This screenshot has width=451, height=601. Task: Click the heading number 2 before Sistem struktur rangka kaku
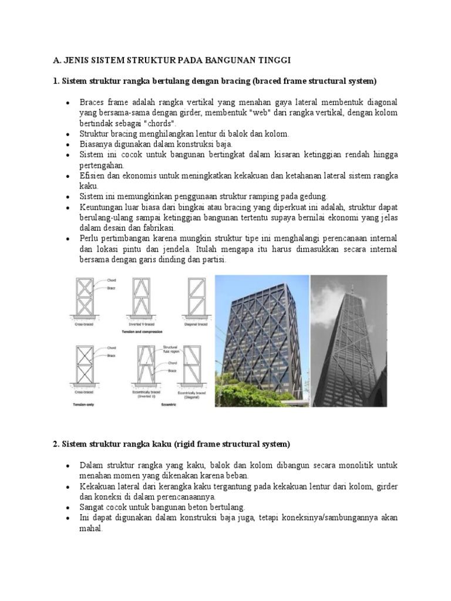click(56, 443)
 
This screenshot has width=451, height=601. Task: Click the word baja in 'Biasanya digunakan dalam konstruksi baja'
click(224, 144)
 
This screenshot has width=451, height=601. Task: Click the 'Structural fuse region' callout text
click(173, 350)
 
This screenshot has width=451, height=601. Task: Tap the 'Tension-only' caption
click(85, 405)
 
